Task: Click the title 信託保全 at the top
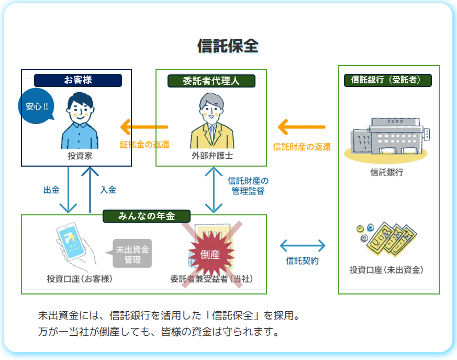pos(228,46)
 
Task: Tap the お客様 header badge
pos(78,80)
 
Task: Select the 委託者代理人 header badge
pos(211,81)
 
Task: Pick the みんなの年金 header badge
pos(146,216)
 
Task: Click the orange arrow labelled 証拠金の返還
pos(144,127)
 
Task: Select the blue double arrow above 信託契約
pos(303,245)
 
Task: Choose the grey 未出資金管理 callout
pos(132,254)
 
